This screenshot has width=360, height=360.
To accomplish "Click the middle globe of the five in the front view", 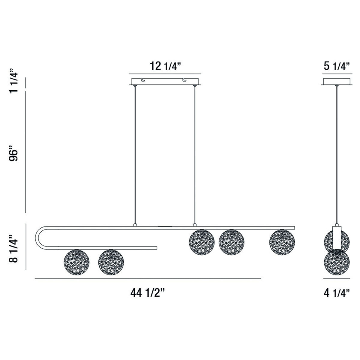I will point(202,242).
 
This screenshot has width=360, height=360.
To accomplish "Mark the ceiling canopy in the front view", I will point(165,82).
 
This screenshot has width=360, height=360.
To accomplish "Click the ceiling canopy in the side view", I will point(337,82).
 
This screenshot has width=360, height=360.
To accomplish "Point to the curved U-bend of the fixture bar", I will point(38,237).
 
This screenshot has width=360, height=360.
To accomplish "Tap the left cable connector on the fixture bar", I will point(135,225).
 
